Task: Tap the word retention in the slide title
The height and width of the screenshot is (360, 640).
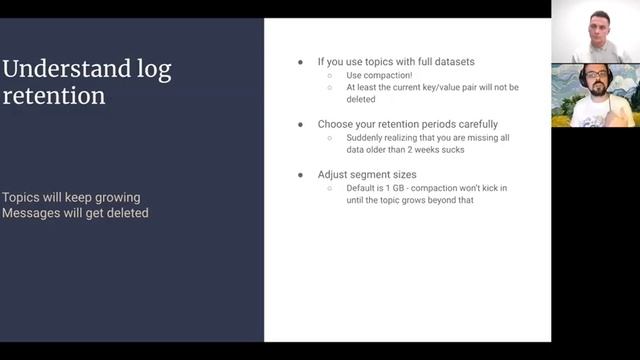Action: tap(52, 96)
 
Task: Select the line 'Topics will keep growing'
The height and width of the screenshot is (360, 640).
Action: tap(71, 197)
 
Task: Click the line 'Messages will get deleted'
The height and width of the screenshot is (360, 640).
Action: tap(75, 212)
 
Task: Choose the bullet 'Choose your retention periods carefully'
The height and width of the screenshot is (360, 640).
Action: tap(407, 124)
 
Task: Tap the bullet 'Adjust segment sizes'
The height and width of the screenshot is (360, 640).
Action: tap(361, 174)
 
